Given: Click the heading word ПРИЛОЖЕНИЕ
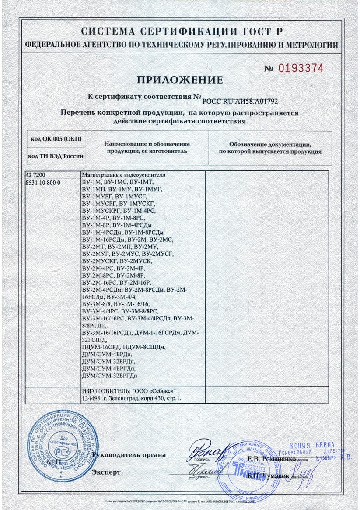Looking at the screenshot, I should (x=180, y=80).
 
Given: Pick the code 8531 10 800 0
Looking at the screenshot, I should (x=43, y=182).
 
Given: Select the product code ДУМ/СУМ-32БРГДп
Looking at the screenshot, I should (x=109, y=376).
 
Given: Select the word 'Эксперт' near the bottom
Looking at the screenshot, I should (x=105, y=472).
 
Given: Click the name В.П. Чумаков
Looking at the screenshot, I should (x=267, y=476).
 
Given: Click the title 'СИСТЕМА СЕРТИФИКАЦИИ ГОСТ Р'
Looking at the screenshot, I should (x=180, y=31).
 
